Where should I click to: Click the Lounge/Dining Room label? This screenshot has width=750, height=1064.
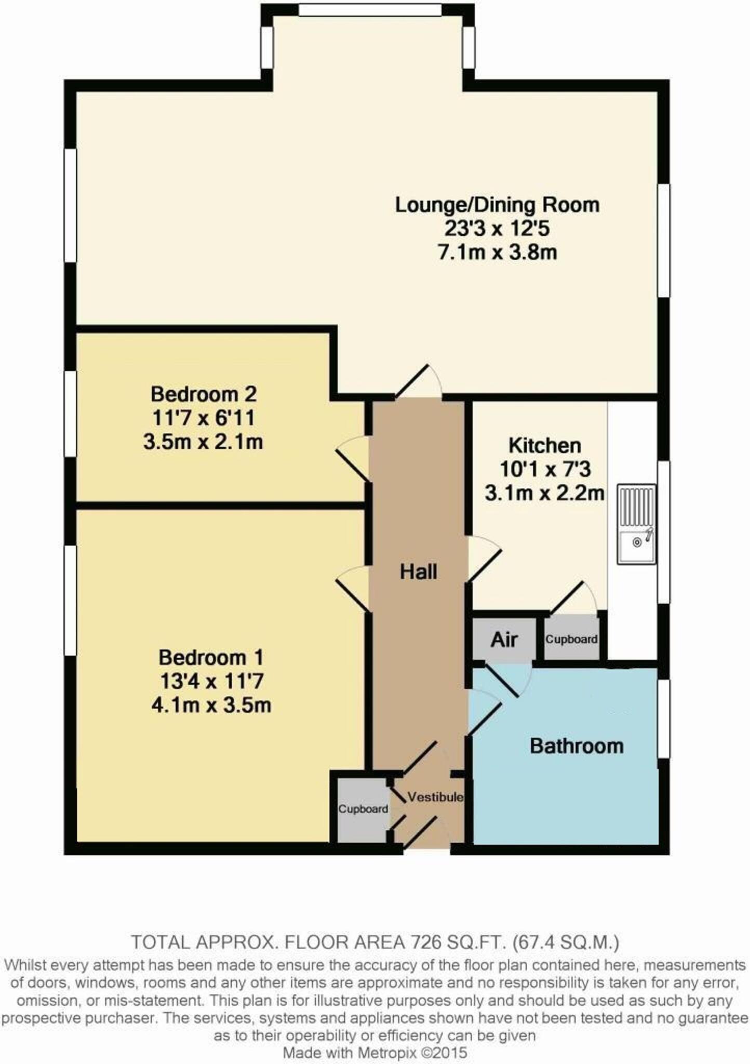point(497,205)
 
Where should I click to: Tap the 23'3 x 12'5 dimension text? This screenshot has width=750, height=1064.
point(497,229)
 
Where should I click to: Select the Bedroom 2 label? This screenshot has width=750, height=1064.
point(204,394)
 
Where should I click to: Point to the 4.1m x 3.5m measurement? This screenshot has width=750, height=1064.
point(211,705)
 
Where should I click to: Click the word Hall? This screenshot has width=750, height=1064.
point(418,571)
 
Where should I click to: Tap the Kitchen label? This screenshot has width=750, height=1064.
point(544,445)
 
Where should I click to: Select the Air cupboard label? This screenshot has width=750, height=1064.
point(504,640)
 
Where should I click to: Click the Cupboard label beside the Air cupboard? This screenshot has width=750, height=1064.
point(571,639)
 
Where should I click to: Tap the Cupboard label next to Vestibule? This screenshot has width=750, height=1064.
point(363,808)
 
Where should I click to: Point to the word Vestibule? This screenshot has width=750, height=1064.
point(435,796)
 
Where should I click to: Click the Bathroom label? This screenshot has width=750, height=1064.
point(577,746)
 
